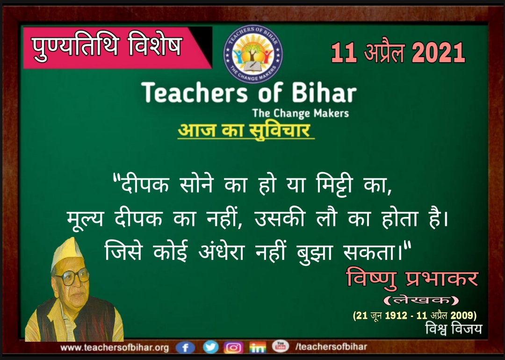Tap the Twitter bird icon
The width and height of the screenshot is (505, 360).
click(210, 347)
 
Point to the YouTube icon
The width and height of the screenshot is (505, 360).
click(281, 346)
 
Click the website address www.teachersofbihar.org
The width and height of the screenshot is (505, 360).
click(115, 348)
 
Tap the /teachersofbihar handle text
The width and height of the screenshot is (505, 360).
click(331, 346)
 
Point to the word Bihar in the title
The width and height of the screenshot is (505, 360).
click(324, 93)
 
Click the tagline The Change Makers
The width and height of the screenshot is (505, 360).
click(301, 113)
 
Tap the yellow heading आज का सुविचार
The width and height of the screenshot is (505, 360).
click(244, 130)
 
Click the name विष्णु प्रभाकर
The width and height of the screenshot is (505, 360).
click(412, 279)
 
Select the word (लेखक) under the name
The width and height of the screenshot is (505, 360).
click(421, 301)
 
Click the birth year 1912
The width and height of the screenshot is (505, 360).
click(396, 315)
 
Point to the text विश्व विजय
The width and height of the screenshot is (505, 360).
click(454, 329)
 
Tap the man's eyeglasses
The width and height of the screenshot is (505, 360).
click(72, 277)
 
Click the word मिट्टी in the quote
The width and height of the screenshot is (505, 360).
click(335, 184)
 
